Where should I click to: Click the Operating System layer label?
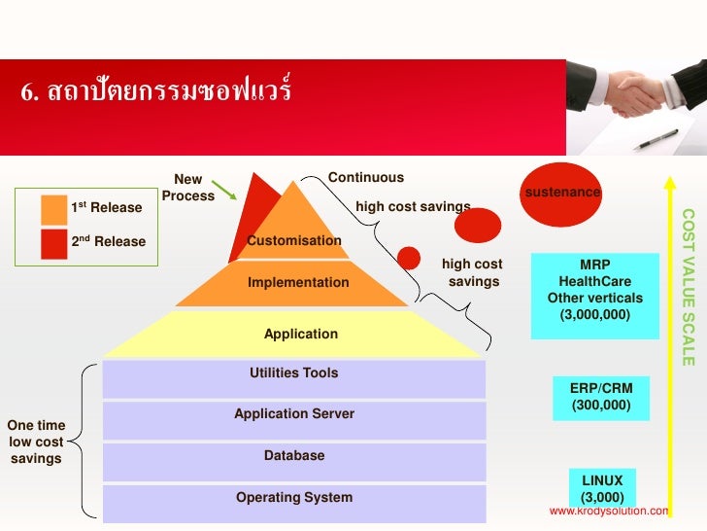[x=294, y=498]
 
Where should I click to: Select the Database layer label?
[x=294, y=456]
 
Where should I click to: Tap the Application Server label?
[x=294, y=414]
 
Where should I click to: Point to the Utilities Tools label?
[x=294, y=372]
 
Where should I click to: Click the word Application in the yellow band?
[x=301, y=335]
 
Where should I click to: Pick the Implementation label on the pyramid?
[x=298, y=283]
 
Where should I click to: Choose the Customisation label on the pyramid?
[x=294, y=240]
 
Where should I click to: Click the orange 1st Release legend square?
[x=54, y=208]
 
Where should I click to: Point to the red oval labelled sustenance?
[x=562, y=191]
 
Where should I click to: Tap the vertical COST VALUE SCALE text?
[x=688, y=287]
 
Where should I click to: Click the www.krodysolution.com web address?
[x=609, y=511]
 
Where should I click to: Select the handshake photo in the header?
[x=636, y=106]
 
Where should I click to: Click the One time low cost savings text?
[x=36, y=442]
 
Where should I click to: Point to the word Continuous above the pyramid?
[x=366, y=177]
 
